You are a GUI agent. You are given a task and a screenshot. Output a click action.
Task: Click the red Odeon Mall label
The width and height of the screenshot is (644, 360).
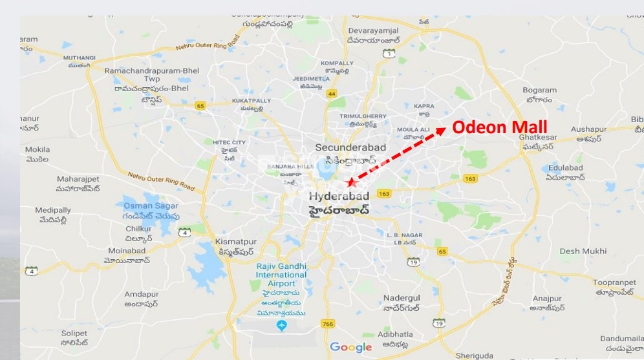[499, 127]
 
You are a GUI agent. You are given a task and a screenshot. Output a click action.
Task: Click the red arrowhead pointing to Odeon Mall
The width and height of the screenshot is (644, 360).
[441, 131]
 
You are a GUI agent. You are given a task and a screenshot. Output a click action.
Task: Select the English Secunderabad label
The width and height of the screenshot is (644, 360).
[350, 147]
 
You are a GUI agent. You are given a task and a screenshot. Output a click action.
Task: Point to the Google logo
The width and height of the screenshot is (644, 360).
[351, 347]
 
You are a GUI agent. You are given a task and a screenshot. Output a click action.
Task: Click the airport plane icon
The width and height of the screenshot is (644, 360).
[281, 325]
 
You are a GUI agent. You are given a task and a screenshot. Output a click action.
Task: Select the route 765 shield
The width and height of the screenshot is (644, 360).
[328, 323]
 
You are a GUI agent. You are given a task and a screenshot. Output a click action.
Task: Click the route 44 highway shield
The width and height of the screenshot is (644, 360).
[332, 94]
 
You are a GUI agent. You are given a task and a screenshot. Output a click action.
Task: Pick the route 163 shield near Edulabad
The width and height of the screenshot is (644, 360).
[470, 178]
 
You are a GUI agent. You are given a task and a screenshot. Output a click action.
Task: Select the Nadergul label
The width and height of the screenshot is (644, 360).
[402, 279]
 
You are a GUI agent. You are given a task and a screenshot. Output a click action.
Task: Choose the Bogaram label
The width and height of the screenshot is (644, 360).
[539, 90]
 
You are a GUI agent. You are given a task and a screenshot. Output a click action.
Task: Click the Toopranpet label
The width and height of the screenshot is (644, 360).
[611, 282]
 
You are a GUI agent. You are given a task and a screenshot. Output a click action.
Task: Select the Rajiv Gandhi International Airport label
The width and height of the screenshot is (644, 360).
[281, 275]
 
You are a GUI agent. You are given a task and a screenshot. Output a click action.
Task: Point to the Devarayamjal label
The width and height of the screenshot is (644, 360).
[374, 30]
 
